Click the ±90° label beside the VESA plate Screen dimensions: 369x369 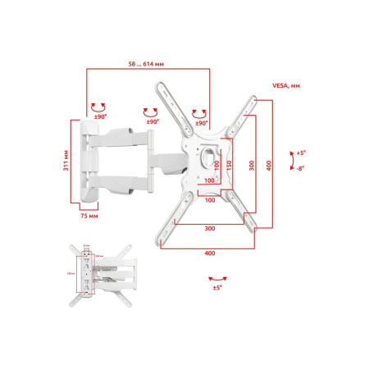(x=200, y=123)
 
